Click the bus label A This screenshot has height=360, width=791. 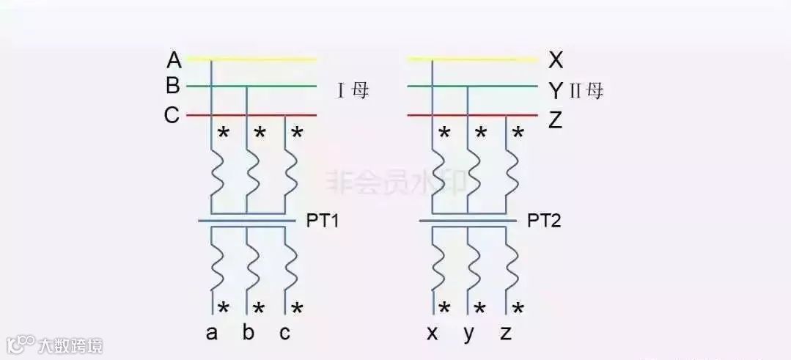pyautogui.click(x=174, y=59)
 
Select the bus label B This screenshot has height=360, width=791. pyautogui.click(x=173, y=87)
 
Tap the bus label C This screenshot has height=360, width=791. pyautogui.click(x=172, y=116)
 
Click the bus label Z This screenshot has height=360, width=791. pyautogui.click(x=555, y=120)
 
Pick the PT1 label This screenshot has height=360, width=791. pyautogui.click(x=323, y=221)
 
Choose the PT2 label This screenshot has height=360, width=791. pyautogui.click(x=544, y=221)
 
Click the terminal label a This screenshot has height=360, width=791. pyautogui.click(x=212, y=333)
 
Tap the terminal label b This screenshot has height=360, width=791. pyautogui.click(x=249, y=333)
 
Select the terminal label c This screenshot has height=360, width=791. pyautogui.click(x=284, y=333)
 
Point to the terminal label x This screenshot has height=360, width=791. pyautogui.click(x=433, y=334)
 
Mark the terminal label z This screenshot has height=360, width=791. pyautogui.click(x=506, y=334)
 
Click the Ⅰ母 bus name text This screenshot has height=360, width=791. pyautogui.click(x=353, y=92)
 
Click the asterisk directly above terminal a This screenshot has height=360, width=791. pyautogui.click(x=224, y=308)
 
